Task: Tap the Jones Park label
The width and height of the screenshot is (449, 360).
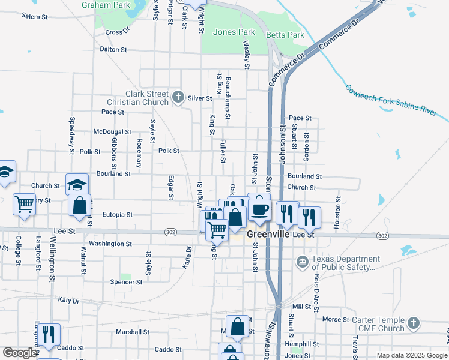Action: pos(234,32)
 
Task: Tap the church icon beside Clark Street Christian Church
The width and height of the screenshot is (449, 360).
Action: pos(178,97)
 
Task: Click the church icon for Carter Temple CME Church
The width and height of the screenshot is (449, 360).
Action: pos(412,324)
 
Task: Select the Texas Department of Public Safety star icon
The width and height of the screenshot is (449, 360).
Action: pos(301,262)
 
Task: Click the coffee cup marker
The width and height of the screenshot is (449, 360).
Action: pos(259,210)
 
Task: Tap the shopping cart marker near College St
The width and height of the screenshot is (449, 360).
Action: pos(24,205)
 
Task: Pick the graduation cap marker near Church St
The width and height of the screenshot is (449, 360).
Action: pos(76,184)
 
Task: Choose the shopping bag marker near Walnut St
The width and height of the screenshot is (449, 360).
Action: pos(79,206)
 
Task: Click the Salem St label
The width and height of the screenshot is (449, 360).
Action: pos(34,16)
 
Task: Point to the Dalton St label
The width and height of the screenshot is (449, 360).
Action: pos(113,49)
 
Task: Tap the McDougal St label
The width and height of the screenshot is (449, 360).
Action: pos(112,131)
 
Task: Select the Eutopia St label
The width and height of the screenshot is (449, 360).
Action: pos(117,214)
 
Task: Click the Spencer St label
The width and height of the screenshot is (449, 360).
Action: pos(126,281)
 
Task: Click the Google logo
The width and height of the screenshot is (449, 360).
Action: pos(19,353)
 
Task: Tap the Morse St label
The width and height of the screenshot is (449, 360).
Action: pos(336,320)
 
